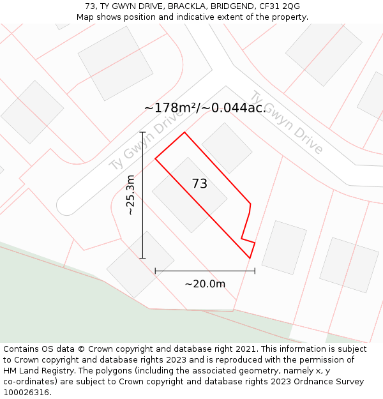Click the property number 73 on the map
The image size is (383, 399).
tap(199, 184)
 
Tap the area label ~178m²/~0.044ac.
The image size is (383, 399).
tap(204, 108)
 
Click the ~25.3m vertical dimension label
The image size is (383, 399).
tap(131, 195)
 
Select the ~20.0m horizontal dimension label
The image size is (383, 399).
tap(205, 283)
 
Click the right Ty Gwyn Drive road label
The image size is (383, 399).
tap(286, 123)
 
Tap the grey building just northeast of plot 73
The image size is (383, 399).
tap(227, 147)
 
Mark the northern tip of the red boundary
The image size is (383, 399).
tap(184, 133)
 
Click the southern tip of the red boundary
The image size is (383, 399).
tap(250, 258)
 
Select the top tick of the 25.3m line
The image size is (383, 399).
tap(142, 132)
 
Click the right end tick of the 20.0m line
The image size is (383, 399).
tap(255, 271)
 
